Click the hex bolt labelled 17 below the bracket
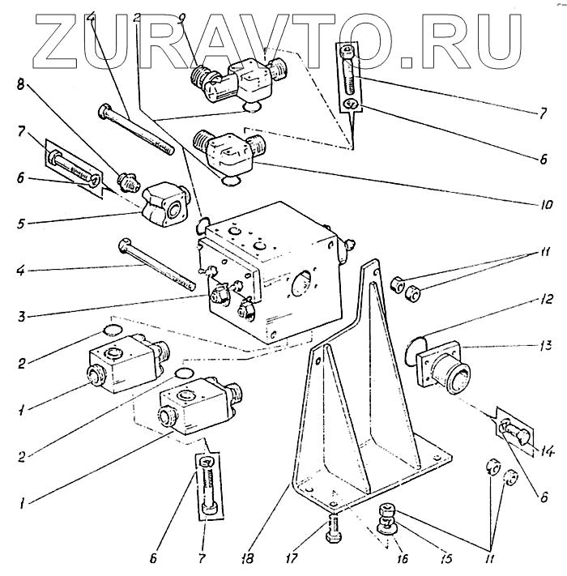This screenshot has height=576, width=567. tap(332, 531)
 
